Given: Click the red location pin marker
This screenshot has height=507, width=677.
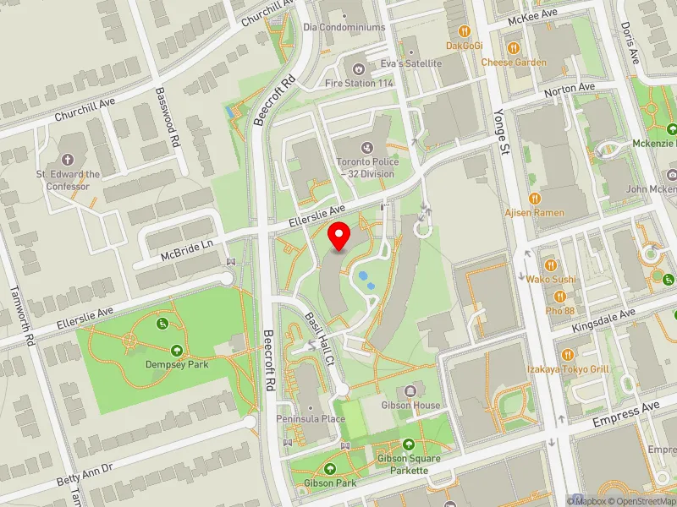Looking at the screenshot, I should [339, 237].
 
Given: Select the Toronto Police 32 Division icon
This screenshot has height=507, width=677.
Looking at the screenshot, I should [366, 148].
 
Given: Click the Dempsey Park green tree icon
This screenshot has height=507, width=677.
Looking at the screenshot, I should [177, 350].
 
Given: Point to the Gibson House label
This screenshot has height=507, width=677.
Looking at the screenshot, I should [411, 405].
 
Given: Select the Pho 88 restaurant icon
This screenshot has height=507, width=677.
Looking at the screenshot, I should [559, 296].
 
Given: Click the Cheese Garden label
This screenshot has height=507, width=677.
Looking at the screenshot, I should [515, 62].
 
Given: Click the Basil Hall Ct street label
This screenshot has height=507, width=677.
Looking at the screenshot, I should [319, 335].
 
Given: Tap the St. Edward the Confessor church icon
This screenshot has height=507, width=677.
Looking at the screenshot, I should [68, 160].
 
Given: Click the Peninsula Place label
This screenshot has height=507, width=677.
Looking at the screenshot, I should [311, 418].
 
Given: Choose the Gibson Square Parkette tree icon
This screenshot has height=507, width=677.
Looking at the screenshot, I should [409, 444].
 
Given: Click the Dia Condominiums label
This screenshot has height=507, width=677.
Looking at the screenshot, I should [344, 27].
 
